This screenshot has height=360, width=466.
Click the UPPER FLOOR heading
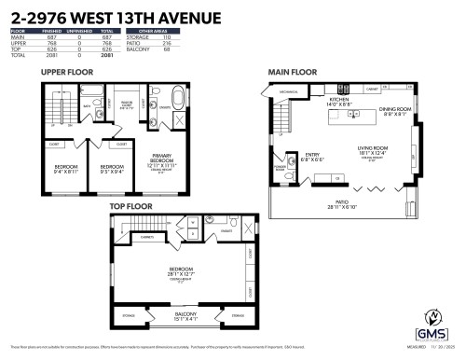coord(66,72)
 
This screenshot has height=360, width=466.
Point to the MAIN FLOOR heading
coord(291,72)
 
